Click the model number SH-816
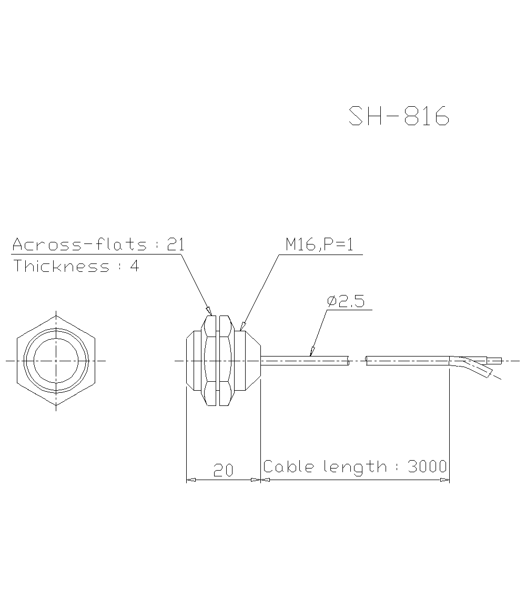399,116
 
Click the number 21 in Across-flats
175,245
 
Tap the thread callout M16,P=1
319,245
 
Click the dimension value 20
223,470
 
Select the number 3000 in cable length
427,466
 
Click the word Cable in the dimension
290,466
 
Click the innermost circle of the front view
56,361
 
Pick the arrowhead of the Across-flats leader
209,311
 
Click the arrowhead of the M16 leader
241,327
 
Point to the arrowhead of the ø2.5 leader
312,352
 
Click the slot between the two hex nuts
217,361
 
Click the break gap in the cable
358,361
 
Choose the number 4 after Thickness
135,266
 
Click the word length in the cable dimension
354,466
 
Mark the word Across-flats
79,245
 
